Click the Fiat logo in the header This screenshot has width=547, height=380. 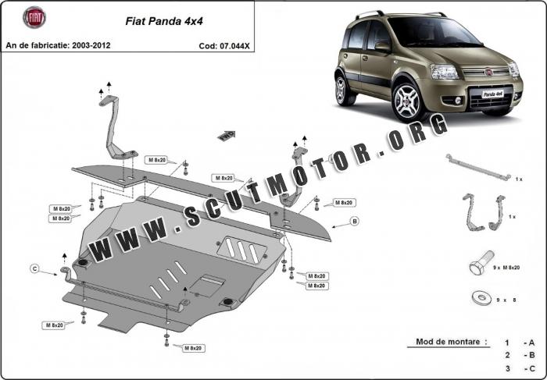point(34,17)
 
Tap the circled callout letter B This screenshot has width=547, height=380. point(353,222)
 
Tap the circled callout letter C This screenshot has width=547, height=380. point(34,269)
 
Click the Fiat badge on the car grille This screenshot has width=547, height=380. point(493,72)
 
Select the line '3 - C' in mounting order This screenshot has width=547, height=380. point(519,368)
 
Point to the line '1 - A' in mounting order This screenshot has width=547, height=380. point(519,342)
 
